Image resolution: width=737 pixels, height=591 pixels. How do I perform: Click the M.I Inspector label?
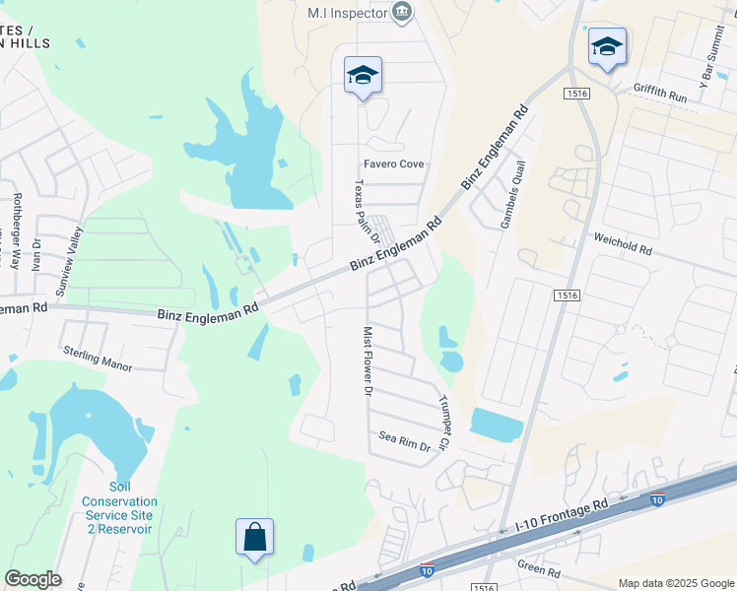344,13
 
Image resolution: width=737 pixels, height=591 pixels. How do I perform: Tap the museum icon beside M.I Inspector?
402,12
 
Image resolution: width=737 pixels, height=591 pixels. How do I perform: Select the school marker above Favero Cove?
363,75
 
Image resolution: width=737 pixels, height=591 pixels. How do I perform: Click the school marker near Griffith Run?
607,46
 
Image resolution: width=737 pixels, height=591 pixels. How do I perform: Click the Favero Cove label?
394,164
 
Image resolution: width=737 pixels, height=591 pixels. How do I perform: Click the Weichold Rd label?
623,244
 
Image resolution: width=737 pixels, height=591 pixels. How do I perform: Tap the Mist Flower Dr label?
368,361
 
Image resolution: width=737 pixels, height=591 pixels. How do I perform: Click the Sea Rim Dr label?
406,440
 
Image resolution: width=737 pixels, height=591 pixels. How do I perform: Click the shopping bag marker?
254,538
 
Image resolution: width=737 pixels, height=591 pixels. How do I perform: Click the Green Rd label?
539,570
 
